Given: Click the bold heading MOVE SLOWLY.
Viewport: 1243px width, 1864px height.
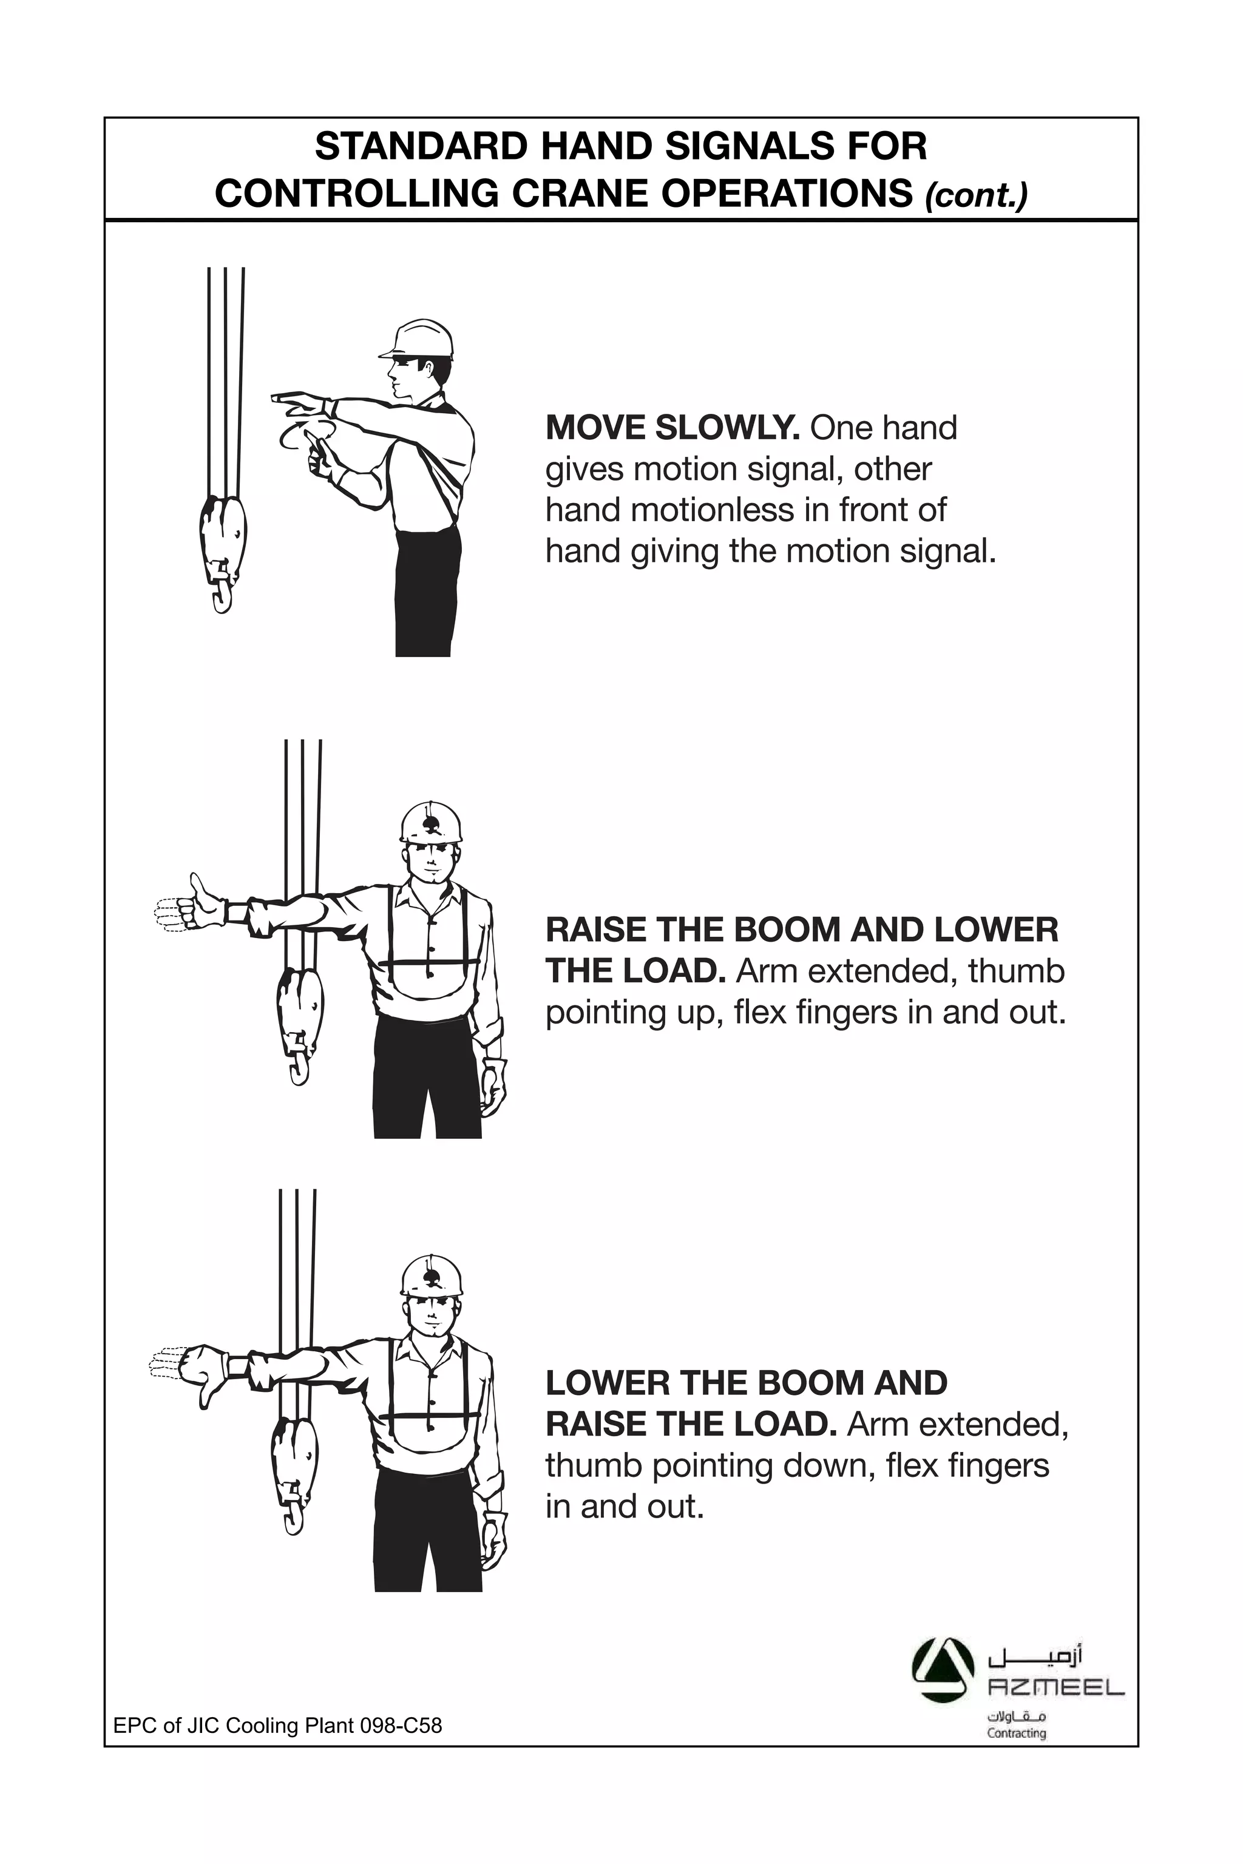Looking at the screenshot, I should tap(671, 428).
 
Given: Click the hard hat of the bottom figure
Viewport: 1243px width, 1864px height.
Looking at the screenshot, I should tap(430, 1276).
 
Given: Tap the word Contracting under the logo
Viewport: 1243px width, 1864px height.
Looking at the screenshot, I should tap(1015, 1733).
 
